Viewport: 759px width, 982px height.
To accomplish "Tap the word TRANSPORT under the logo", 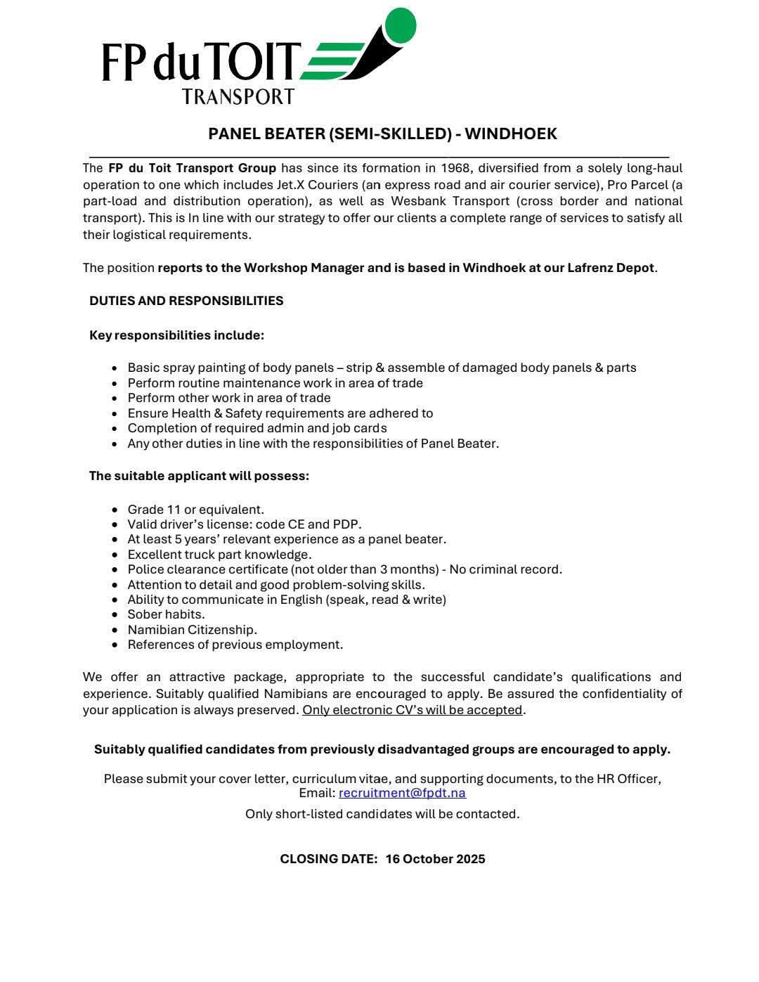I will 238,96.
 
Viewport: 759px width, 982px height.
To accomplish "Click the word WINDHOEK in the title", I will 511,134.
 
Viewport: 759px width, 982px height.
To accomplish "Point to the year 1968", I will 455,168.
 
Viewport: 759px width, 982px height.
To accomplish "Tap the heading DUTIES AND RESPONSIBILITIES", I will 186,301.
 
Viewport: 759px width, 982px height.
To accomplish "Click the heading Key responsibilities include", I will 176,335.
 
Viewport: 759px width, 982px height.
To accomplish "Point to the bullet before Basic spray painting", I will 115,368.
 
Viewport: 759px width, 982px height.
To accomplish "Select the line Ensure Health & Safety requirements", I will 280,413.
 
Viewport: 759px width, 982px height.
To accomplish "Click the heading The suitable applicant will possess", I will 199,476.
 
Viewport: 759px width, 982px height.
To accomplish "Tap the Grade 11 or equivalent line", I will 195,510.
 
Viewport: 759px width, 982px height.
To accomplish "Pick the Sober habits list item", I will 166,614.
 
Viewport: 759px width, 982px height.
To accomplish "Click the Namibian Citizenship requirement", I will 192,630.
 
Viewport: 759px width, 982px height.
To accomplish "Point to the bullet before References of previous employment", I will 115,645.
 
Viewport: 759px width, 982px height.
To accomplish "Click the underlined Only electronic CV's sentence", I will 413,710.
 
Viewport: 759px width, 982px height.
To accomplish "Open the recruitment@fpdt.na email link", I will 402,793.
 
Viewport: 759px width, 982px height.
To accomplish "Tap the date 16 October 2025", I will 435,859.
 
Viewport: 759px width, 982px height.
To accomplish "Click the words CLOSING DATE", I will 328,859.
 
